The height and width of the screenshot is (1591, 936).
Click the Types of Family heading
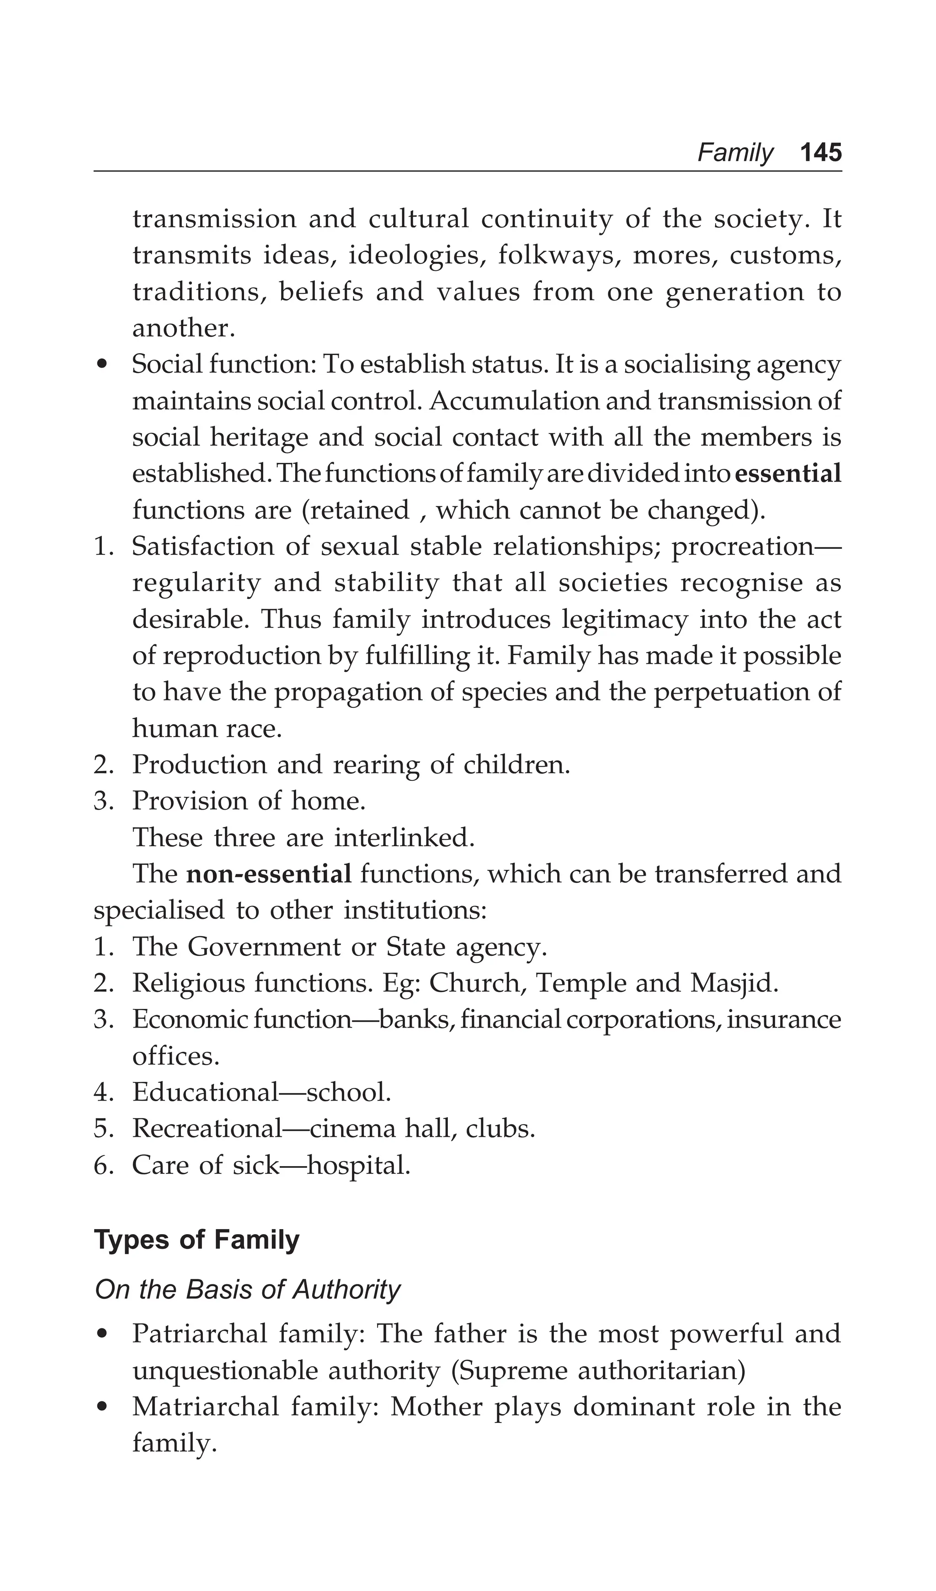[197, 1240]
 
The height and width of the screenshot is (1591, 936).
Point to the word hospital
[358, 1166]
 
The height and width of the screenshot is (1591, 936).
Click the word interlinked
[404, 838]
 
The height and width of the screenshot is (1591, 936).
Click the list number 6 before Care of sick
[101, 1166]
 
